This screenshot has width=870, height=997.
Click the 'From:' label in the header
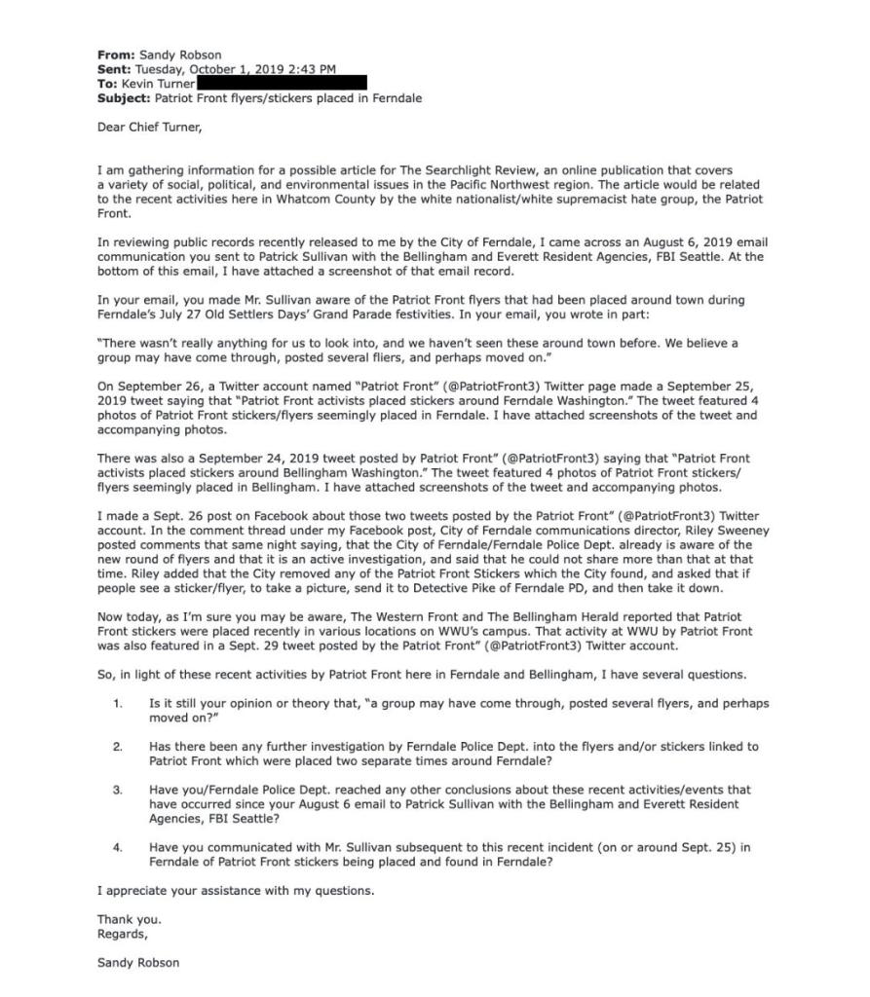[116, 55]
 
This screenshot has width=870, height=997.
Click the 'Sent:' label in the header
[115, 69]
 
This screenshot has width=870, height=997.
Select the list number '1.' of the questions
[117, 702]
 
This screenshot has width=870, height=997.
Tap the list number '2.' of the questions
[117, 747]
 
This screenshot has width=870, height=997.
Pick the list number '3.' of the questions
[117, 791]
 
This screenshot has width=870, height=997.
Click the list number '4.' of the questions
[117, 848]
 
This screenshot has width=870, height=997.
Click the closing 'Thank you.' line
[129, 919]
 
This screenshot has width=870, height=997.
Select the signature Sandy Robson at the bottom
[138, 963]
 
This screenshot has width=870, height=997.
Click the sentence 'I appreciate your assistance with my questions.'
[235, 891]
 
